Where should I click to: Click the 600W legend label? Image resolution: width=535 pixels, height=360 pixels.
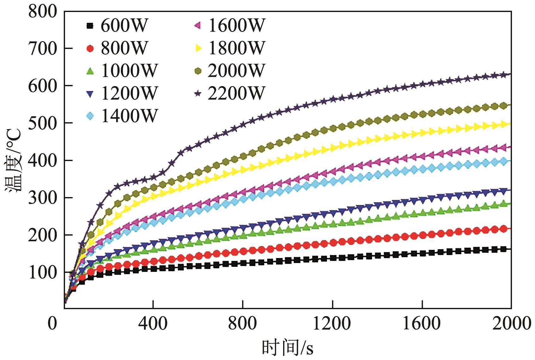coord(124,26)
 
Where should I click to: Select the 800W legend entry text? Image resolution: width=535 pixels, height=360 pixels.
coord(124,48)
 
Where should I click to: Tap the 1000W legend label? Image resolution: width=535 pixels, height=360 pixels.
coord(129,71)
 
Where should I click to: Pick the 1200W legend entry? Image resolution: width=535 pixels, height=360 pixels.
coord(129,93)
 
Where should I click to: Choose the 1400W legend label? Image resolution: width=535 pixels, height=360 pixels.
coord(129,116)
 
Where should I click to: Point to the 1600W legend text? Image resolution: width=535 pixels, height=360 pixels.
coord(236,26)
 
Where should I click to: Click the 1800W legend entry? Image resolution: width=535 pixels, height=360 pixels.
coord(236,48)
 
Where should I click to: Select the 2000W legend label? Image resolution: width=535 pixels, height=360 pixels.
coord(236,71)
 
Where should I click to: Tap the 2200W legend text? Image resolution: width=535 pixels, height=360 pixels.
coord(236,93)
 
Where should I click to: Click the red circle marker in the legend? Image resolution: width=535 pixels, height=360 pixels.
coord(90,49)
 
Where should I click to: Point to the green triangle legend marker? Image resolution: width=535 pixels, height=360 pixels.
coord(90,71)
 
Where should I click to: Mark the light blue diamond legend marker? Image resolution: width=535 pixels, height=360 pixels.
coord(90,116)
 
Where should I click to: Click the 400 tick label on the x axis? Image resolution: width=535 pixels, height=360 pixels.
coord(153,324)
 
